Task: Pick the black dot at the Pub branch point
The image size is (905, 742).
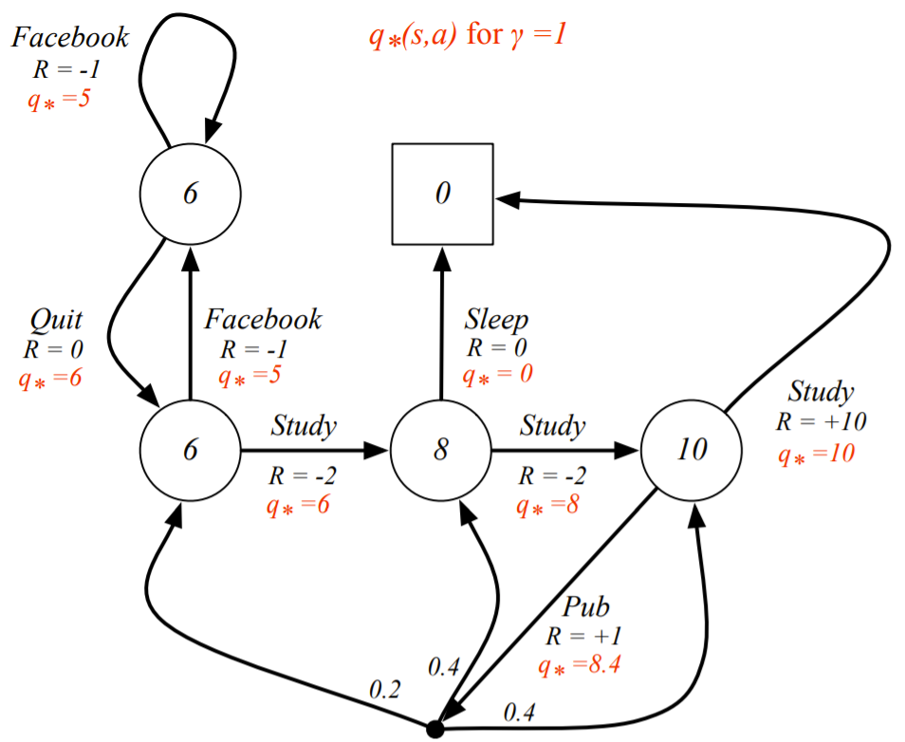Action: [434, 730]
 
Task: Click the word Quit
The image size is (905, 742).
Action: [56, 321]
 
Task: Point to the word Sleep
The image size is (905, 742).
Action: [496, 320]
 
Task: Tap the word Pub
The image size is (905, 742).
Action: [586, 607]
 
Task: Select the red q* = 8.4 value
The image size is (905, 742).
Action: [579, 666]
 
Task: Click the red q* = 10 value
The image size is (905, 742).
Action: [816, 454]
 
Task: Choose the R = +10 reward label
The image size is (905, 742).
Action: [821, 422]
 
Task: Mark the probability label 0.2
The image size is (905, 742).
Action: [384, 690]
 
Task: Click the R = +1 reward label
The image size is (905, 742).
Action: [583, 637]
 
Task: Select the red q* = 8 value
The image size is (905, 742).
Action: [547, 506]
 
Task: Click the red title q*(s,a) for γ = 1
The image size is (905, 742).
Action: [468, 35]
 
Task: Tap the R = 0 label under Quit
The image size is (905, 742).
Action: [53, 349]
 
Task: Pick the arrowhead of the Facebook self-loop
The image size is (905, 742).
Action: [212, 131]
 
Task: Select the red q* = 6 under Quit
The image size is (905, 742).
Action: [49, 380]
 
